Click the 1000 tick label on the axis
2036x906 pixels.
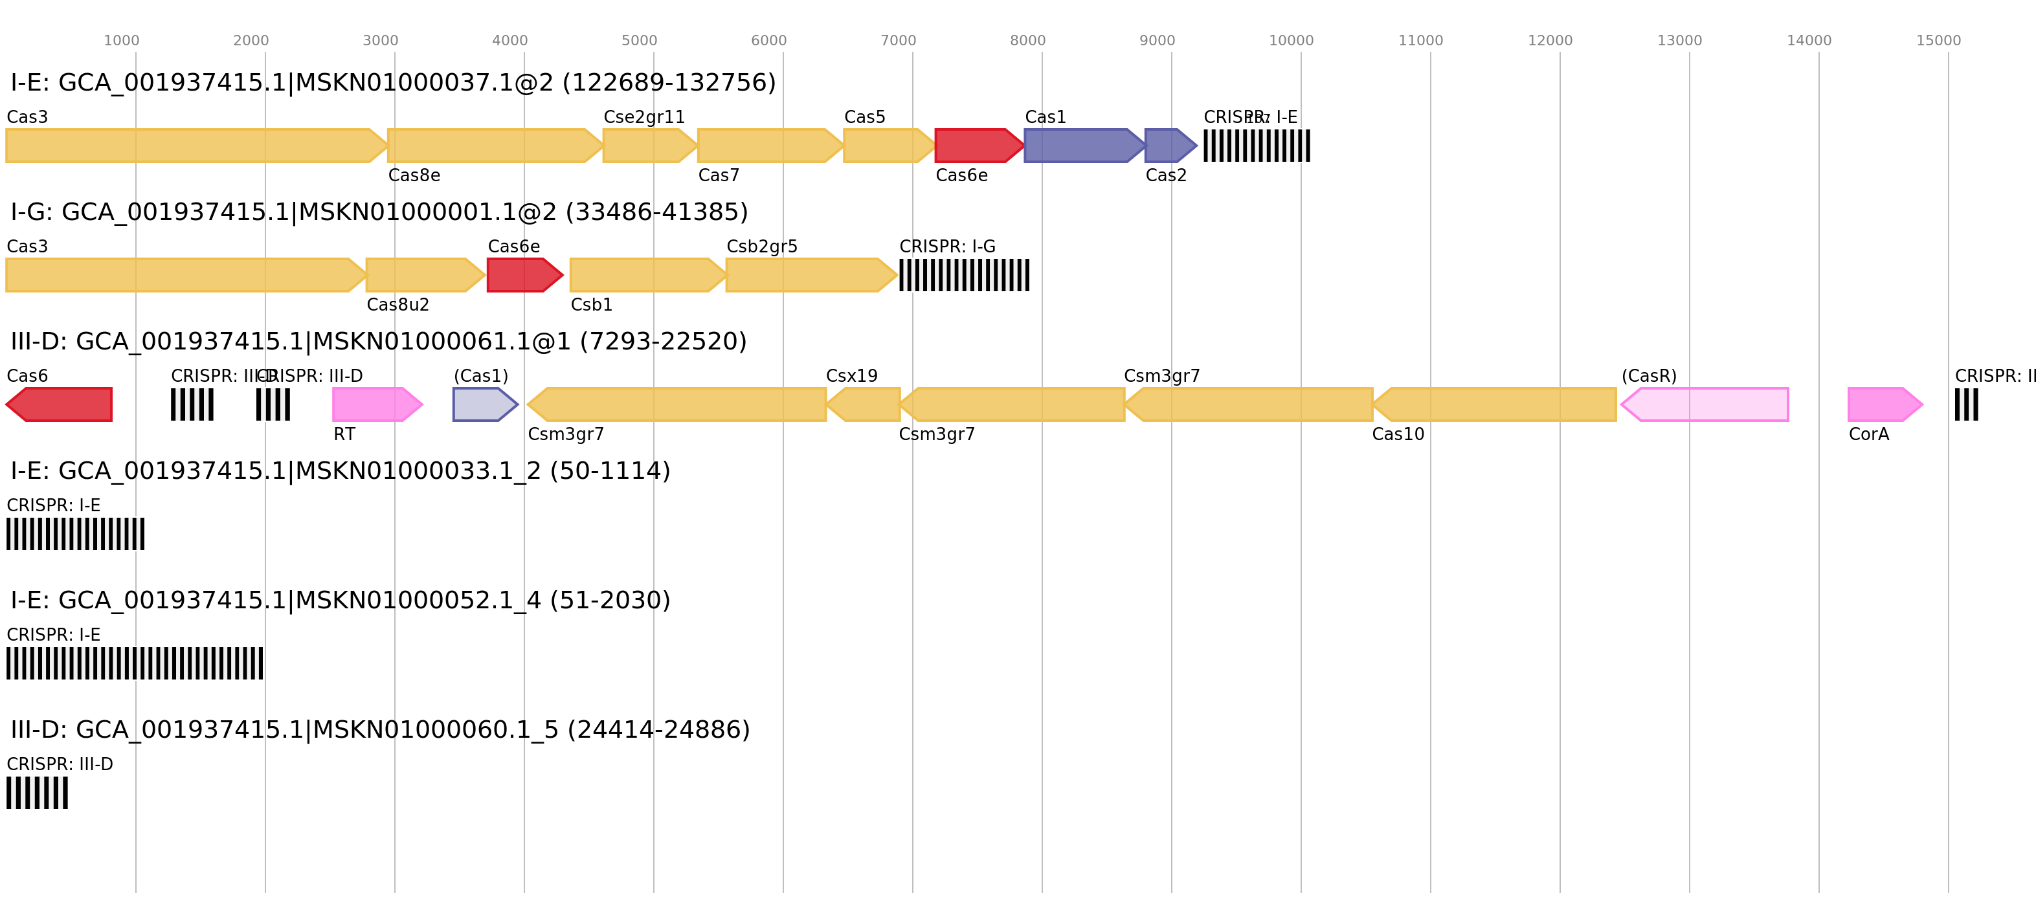point(121,40)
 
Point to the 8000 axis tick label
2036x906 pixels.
point(1027,40)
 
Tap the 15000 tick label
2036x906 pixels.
point(1938,40)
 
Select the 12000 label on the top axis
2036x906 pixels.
point(1549,40)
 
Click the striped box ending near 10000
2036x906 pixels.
point(1257,146)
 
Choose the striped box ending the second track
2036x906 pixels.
point(964,275)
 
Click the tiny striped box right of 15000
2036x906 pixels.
point(1967,404)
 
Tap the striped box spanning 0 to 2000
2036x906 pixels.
point(135,663)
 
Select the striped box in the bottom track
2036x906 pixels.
point(37,792)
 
